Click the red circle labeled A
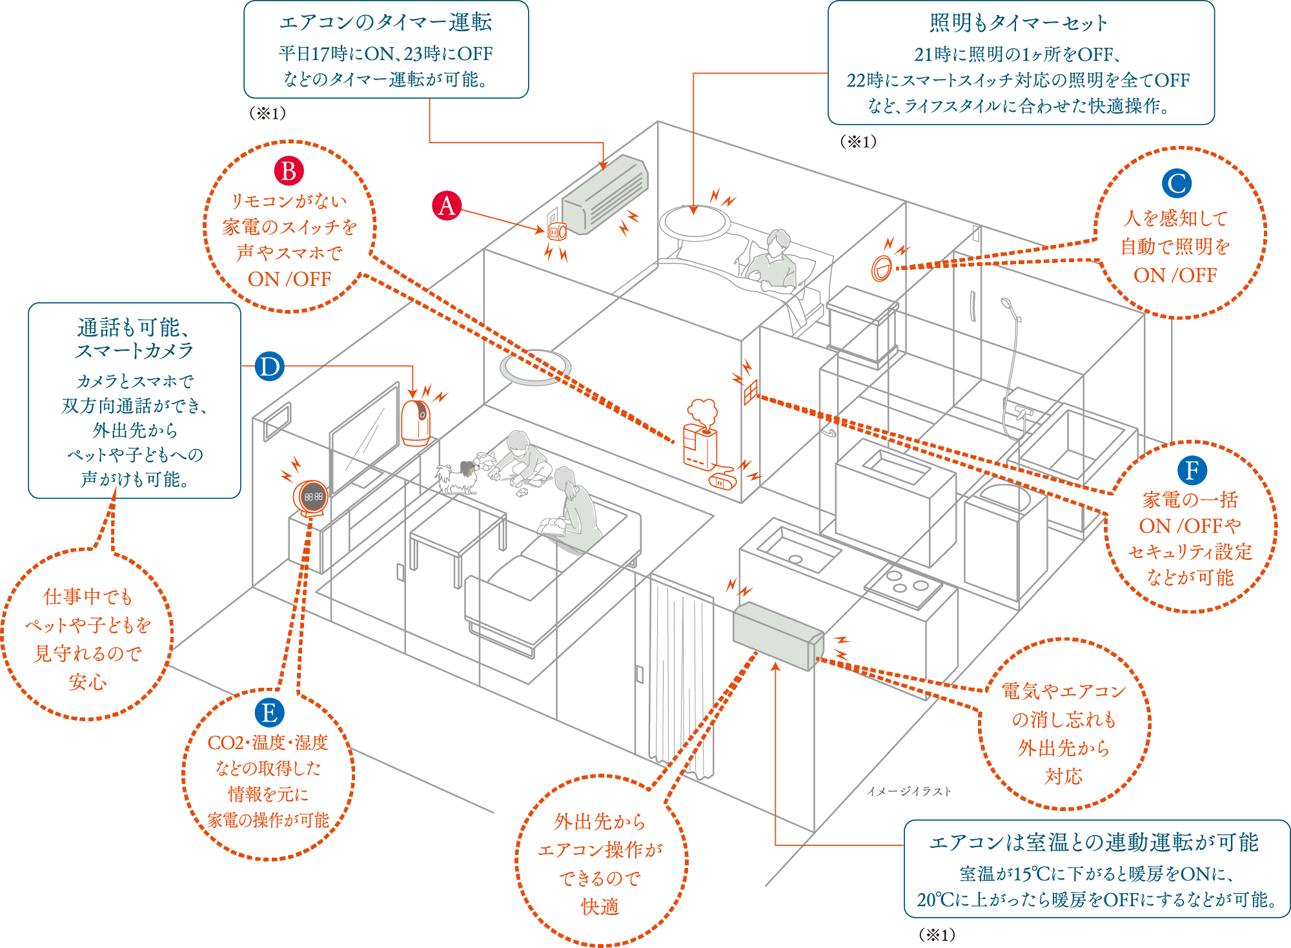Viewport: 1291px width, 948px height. point(447,205)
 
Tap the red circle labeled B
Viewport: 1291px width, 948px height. point(289,171)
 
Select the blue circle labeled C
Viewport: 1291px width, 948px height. point(1176,183)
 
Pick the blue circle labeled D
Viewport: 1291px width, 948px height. point(269,367)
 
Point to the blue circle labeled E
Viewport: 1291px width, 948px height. point(269,713)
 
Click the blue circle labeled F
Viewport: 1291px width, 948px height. point(1192,470)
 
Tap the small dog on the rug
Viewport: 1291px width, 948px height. point(456,477)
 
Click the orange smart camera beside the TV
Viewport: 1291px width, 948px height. point(416,422)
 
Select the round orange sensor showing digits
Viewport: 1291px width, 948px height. point(312,497)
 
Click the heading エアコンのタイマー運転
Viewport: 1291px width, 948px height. point(385,23)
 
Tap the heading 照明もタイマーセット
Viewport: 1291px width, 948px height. point(1019,23)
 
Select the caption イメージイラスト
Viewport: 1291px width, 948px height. point(909,791)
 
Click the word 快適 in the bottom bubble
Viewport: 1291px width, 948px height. point(600,907)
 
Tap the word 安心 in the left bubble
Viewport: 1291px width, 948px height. point(87,682)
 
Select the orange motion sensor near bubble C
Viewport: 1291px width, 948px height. point(881,267)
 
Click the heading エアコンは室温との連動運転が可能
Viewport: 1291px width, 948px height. point(1093,842)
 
